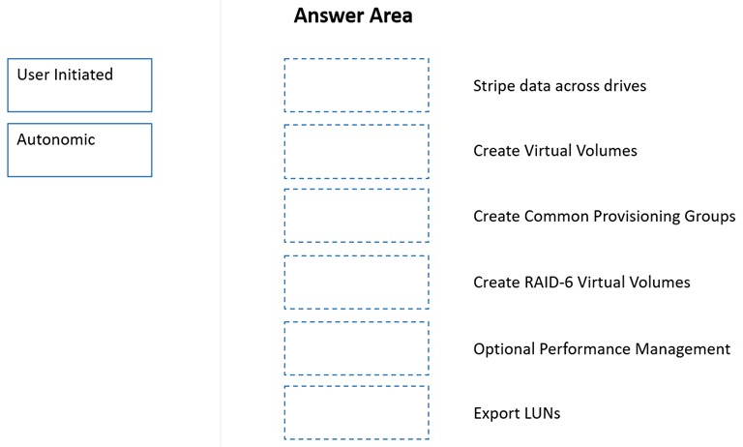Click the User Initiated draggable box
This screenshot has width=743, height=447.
coord(79,85)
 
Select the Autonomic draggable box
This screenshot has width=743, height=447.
coord(79,150)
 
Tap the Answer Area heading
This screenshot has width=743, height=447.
coord(353,15)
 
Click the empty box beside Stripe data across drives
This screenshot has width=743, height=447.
coord(357,85)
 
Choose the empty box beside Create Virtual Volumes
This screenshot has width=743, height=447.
coord(357,152)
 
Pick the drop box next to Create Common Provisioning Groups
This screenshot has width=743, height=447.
coord(357,216)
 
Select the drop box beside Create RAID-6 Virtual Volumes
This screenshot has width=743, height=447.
coord(357,283)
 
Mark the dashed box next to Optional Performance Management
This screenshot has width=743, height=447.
coord(357,348)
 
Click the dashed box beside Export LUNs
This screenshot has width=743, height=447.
coord(357,413)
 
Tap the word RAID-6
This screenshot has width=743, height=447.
coord(547,283)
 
